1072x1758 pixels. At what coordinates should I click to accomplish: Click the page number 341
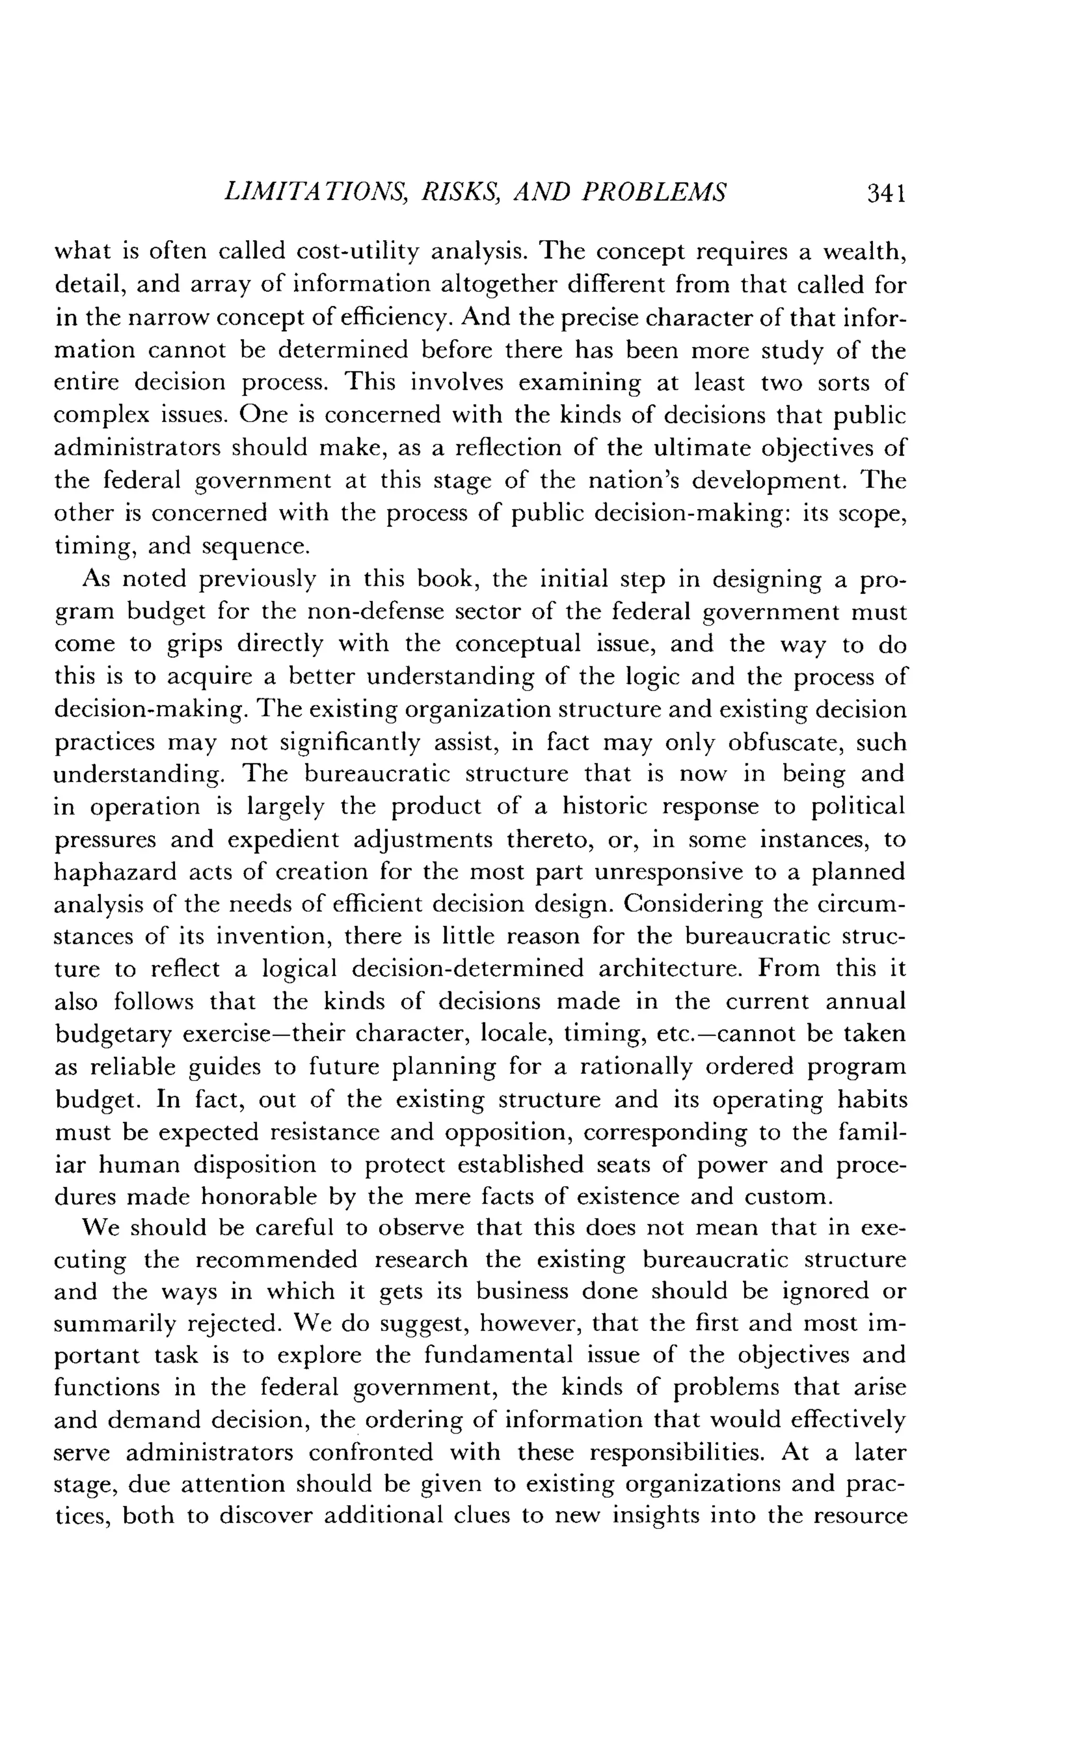[x=886, y=194]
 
